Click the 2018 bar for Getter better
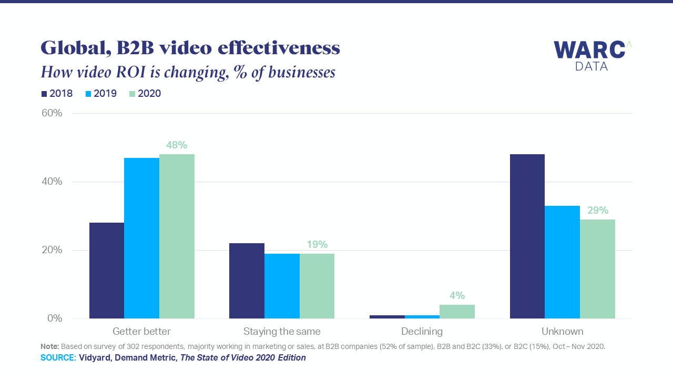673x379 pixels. point(107,271)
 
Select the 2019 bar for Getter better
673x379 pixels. point(141,238)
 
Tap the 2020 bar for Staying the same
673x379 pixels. point(317,286)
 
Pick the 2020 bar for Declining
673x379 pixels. point(457,311)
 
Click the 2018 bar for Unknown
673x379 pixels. point(527,236)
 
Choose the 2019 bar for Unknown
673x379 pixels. point(562,262)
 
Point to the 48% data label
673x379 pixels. point(177,145)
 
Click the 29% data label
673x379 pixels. point(598,210)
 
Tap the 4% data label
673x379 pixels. point(457,296)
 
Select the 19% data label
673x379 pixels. point(317,245)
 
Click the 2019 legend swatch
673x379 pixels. point(88,94)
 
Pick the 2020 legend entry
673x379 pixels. point(145,94)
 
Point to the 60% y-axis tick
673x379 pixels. point(52,113)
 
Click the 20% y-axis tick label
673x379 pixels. point(52,250)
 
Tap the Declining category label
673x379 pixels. point(422,332)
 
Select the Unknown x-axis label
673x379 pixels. point(562,332)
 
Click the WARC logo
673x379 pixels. point(593,56)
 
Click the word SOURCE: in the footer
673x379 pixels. point(58,357)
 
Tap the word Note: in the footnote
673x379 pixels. point(49,346)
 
